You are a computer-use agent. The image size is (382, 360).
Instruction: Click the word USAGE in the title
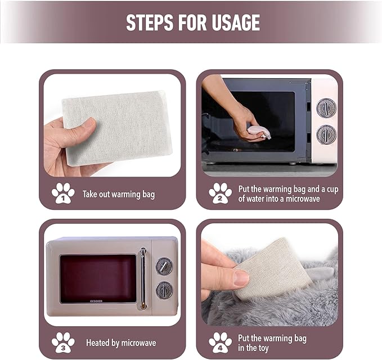tap(236, 22)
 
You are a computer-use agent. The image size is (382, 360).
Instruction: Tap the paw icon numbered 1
tap(63, 193)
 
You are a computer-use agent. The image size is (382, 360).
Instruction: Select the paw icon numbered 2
tap(220, 193)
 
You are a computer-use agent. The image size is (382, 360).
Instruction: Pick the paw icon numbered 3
tap(63, 343)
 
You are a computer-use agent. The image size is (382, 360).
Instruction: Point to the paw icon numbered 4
tap(220, 343)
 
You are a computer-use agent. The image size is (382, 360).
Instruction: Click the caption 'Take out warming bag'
tap(119, 195)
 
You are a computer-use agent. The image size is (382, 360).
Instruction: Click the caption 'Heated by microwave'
tap(121, 343)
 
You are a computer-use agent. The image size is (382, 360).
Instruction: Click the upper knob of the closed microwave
tap(164, 267)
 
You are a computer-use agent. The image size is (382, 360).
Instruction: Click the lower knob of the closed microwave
tap(164, 290)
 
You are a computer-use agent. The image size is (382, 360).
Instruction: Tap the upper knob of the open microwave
tap(326, 107)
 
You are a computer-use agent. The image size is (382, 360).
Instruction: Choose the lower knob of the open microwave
tap(326, 134)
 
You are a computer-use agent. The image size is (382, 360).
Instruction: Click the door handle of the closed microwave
tap(143, 279)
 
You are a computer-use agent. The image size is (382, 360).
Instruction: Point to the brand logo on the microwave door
tap(96, 301)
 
